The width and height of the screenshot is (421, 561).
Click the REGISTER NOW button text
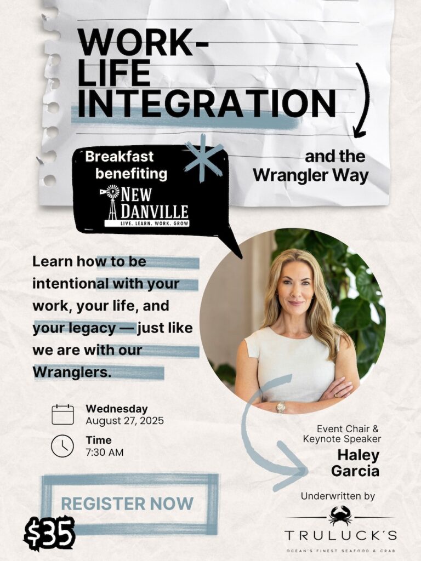pyautogui.click(x=127, y=503)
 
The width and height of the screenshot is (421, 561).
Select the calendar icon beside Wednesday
pyautogui.click(x=62, y=415)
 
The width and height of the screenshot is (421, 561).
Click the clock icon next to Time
pyautogui.click(x=62, y=446)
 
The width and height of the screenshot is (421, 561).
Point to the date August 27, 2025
pyautogui.click(x=124, y=421)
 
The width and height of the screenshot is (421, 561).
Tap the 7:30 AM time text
pyautogui.click(x=105, y=452)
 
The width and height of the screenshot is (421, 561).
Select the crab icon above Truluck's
pyautogui.click(x=340, y=516)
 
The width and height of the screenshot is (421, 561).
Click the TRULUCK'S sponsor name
pyautogui.click(x=341, y=536)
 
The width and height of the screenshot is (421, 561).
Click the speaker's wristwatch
pyautogui.click(x=281, y=407)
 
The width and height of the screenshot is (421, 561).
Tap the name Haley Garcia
pyautogui.click(x=355, y=463)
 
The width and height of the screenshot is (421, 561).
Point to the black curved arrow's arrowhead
pyautogui.click(x=360, y=133)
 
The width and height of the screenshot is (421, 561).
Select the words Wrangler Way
pyautogui.click(x=311, y=175)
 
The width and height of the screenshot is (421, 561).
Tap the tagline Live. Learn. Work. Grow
pyautogui.click(x=147, y=224)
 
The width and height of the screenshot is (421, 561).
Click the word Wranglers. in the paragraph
pyautogui.click(x=72, y=372)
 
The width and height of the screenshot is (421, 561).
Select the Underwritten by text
pyautogui.click(x=338, y=496)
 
